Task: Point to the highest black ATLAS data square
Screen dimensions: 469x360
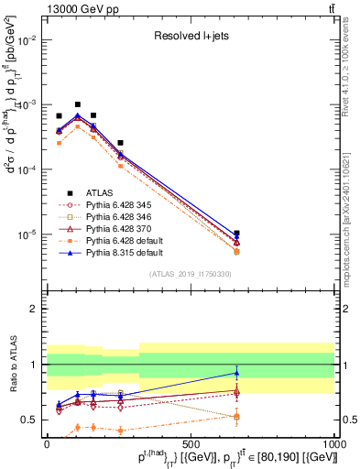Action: pyautogui.click(x=78, y=104)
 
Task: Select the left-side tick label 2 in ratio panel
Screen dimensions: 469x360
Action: pyautogui.click(x=36, y=310)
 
